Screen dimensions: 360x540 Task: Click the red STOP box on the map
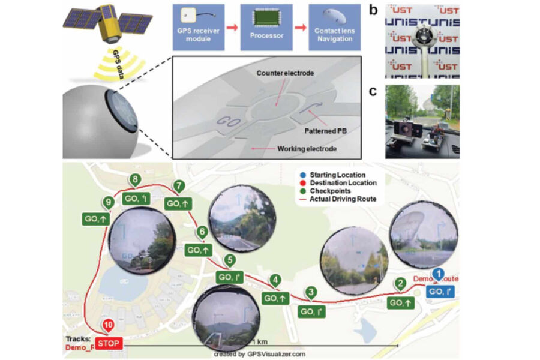109,344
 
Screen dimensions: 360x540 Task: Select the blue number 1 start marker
438,274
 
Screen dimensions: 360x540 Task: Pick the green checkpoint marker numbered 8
136,179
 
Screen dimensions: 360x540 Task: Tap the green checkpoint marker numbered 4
275,280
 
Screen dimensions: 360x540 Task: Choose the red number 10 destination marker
108,326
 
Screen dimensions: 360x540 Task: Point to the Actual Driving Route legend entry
342,199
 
